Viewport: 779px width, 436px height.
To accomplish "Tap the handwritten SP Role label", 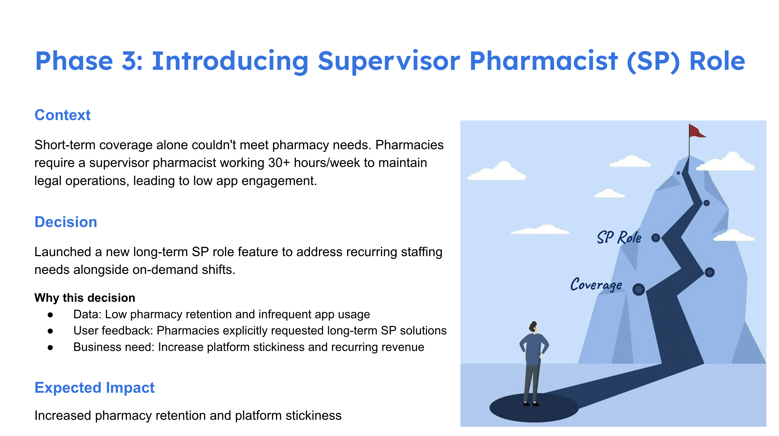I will point(619,237).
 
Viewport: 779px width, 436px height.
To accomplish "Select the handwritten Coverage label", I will point(596,284).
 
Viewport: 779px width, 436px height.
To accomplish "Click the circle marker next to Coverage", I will point(638,289).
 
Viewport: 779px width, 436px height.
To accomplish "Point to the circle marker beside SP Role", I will point(656,238).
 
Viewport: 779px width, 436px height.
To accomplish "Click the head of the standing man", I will point(534,327).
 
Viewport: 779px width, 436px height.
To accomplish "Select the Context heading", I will point(63,115).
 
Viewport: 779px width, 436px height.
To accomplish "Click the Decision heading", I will point(66,222).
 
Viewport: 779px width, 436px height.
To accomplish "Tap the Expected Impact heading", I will point(94,388).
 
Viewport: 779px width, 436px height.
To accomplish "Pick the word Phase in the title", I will point(74,61).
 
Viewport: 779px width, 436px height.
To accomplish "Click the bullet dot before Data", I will point(50,315).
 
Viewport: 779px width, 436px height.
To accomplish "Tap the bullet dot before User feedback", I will point(50,331).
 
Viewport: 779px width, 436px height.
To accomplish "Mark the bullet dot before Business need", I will point(50,348).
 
